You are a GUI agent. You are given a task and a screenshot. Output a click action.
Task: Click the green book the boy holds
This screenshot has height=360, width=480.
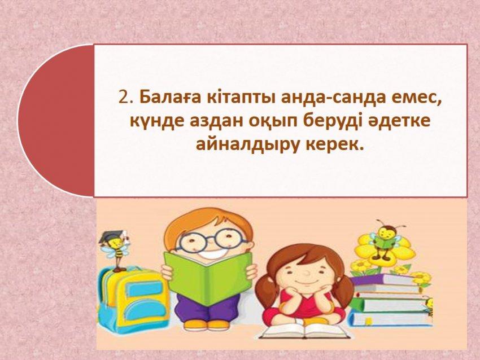[209, 278]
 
